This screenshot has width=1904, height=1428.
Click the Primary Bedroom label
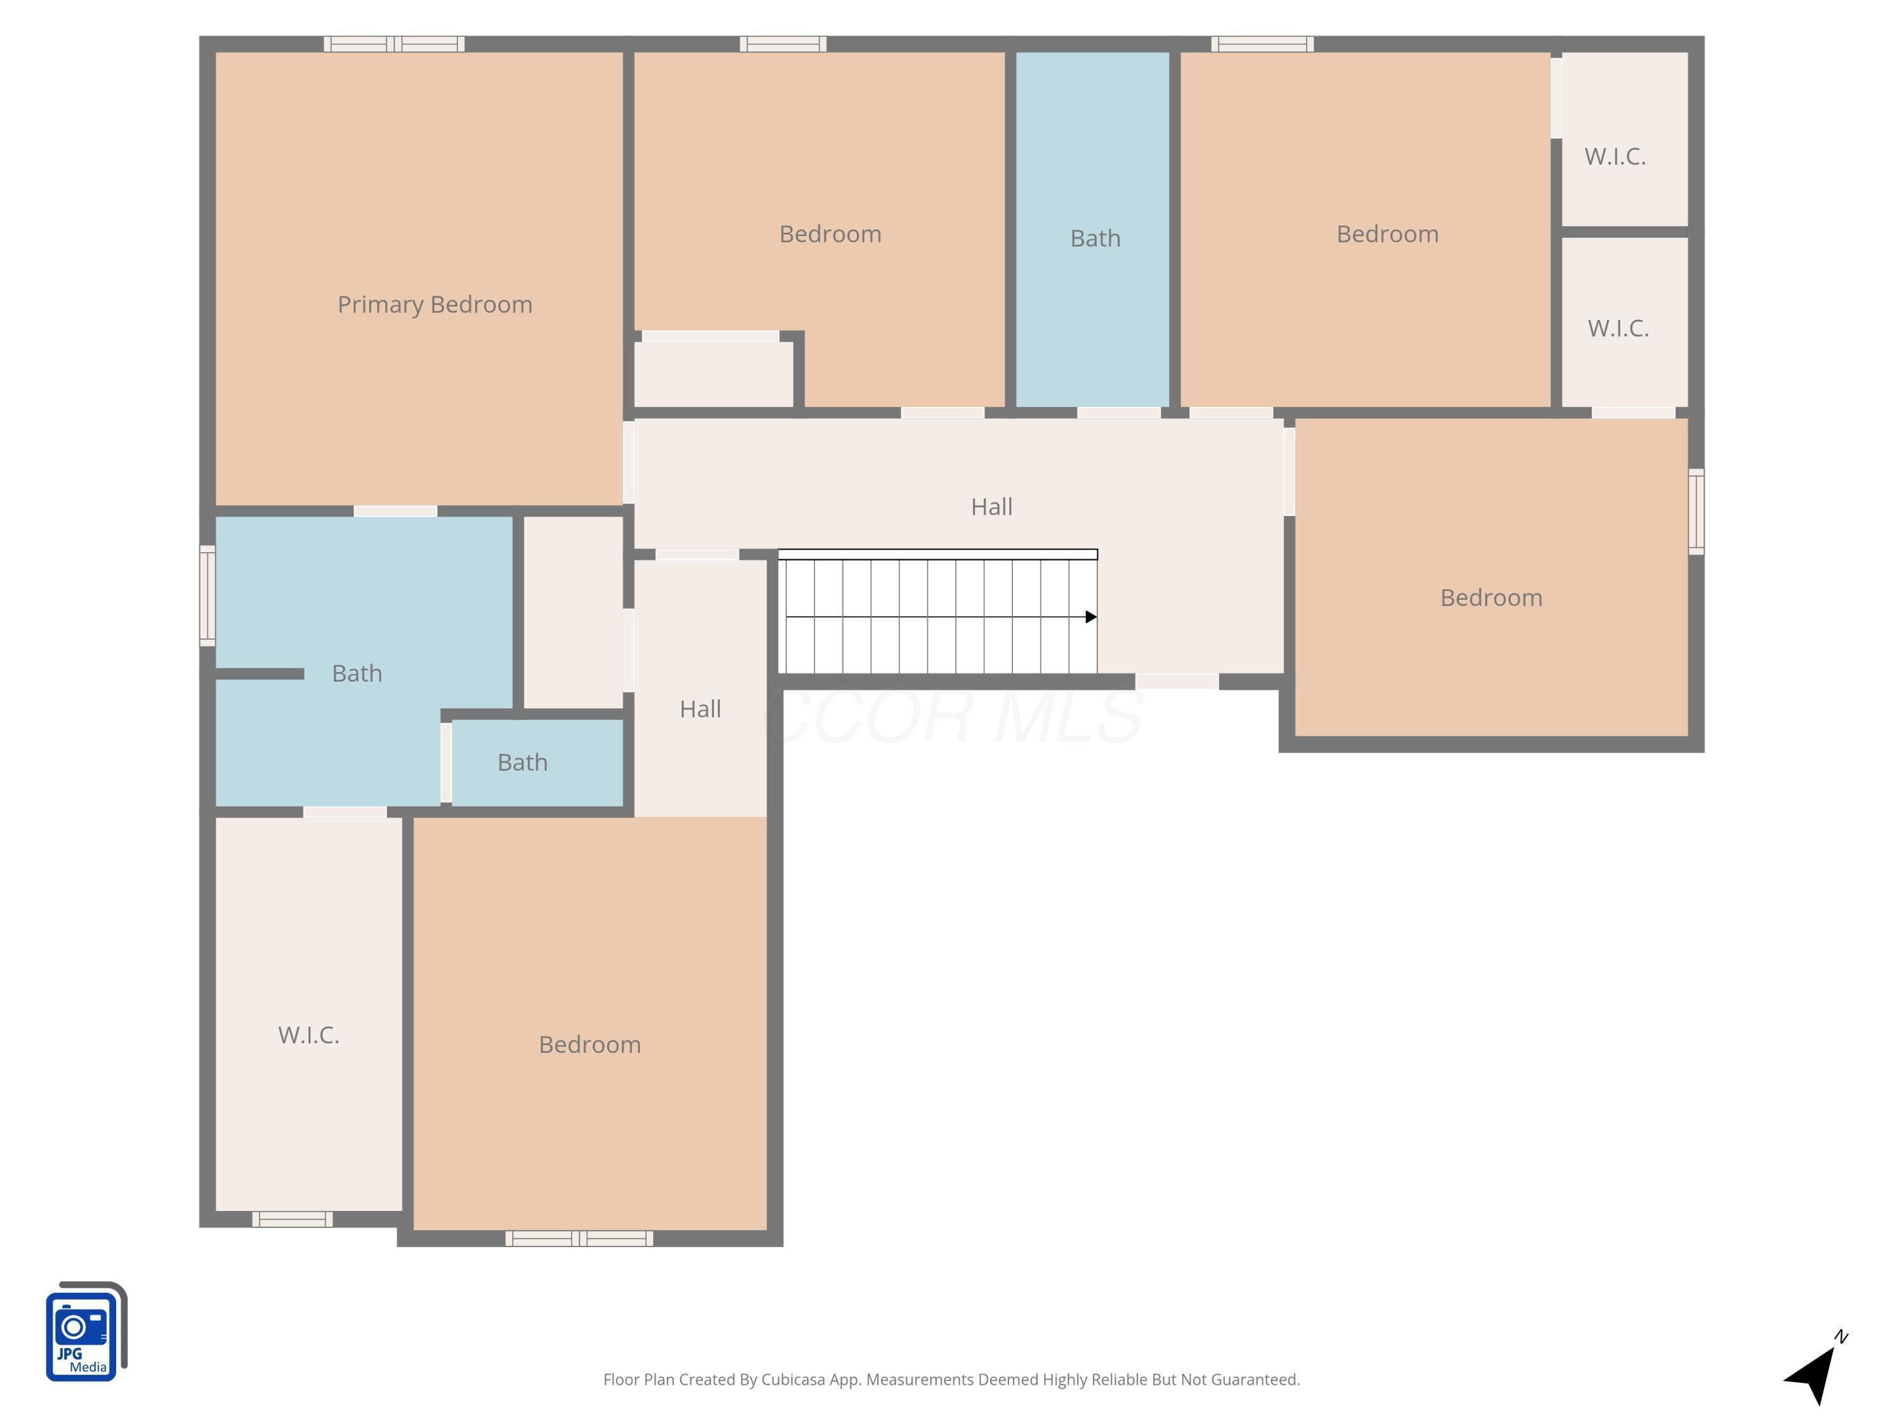(435, 305)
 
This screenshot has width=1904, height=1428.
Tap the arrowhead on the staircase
(1090, 617)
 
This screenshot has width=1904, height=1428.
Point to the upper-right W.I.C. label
(1615, 157)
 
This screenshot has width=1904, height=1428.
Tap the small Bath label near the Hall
(522, 763)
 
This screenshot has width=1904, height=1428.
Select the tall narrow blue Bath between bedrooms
(1093, 228)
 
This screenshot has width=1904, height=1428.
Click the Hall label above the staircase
(991, 507)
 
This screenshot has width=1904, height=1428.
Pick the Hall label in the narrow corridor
(700, 710)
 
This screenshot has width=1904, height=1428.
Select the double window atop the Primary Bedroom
(394, 44)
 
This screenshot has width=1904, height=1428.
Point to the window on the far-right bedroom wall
(1696, 512)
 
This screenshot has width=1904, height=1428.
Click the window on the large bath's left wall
(208, 596)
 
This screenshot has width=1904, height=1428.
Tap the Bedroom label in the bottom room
(590, 1045)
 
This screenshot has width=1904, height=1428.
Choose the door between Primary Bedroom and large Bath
(395, 512)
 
